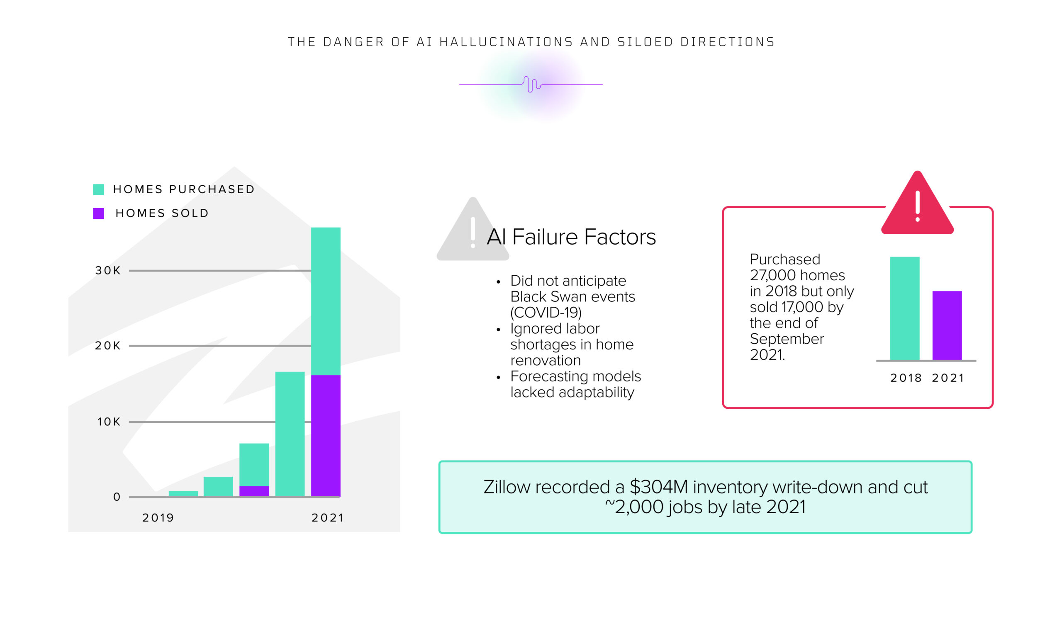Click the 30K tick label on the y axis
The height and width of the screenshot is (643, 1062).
pos(108,270)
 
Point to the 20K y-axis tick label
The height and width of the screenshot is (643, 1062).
pos(108,345)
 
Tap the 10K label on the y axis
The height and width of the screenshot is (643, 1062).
pos(109,422)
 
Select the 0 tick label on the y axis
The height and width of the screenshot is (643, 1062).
pos(117,497)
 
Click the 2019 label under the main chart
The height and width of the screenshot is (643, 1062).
pos(158,517)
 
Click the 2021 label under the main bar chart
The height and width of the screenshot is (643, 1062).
pos(328,517)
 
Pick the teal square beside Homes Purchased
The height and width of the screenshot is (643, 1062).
pos(99,189)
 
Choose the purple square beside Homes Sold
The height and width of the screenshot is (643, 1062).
pos(99,214)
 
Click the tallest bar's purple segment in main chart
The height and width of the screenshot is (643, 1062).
pos(326,436)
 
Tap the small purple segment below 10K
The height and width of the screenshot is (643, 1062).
pos(254,491)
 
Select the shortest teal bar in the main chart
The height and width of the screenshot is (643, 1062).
pos(184,494)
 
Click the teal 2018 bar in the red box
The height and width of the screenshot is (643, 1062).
pos(905,308)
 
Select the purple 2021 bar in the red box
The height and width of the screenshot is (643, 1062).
pos(948,325)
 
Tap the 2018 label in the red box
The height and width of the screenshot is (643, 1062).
pos(906,378)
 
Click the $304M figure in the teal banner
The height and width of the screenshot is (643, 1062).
pos(659,487)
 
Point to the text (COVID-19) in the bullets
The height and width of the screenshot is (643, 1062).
pos(546,312)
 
